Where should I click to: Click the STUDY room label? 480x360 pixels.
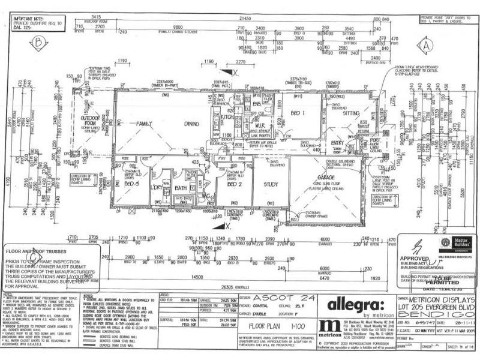click(x=269, y=184)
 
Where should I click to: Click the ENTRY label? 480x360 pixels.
click(x=337, y=143)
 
